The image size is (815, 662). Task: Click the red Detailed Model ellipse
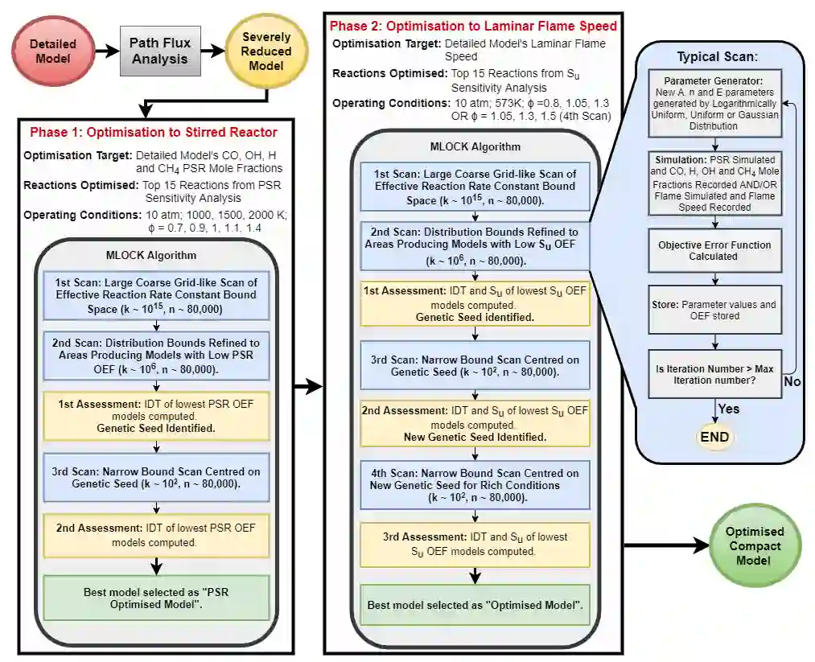point(53,51)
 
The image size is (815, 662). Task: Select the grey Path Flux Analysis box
point(160,51)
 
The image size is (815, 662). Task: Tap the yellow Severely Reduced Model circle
point(266,51)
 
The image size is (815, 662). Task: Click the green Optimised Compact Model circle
point(754,546)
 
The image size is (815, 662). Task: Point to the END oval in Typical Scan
point(714,437)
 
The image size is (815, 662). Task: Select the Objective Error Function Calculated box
point(714,250)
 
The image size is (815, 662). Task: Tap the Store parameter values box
point(714,310)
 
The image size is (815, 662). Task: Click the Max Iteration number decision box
point(714,374)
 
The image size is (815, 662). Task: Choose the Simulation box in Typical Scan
point(714,184)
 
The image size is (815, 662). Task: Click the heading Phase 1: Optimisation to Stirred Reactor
point(154,132)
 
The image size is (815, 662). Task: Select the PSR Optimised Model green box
point(157,598)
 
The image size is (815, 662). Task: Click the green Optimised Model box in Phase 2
point(475,604)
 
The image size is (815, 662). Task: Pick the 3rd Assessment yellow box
point(475,544)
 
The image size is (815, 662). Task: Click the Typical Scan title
point(717,58)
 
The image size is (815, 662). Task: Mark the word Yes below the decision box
point(729,409)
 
